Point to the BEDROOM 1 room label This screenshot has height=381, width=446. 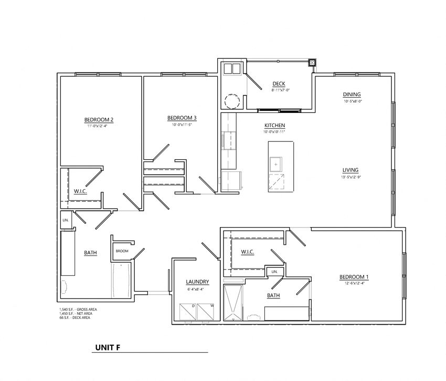(x=354, y=277)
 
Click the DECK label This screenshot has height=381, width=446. (x=279, y=84)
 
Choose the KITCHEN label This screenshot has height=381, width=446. (x=275, y=126)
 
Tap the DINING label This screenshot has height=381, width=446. (x=352, y=95)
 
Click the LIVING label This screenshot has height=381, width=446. (x=351, y=170)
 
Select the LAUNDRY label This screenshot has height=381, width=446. (x=197, y=282)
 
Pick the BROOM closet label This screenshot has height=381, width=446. (x=122, y=251)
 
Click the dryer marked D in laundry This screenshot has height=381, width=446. (x=187, y=312)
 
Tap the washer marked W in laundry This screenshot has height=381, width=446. (x=207, y=312)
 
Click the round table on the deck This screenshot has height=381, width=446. (x=231, y=100)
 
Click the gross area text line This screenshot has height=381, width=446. (x=79, y=310)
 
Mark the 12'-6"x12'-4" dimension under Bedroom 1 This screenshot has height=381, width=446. (x=354, y=284)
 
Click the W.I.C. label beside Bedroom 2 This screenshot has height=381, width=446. (x=80, y=191)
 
